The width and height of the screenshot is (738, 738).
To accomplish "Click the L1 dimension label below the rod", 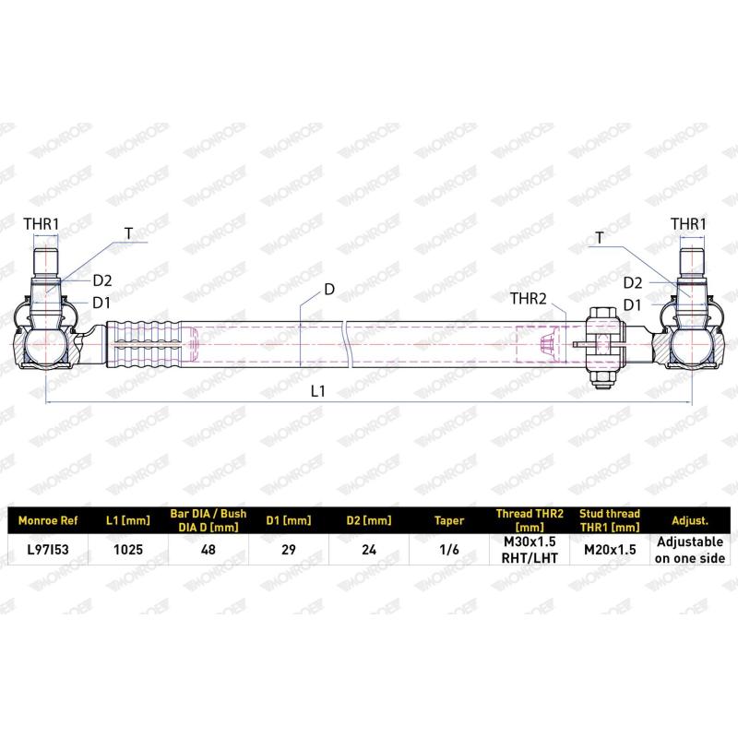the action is (318, 390).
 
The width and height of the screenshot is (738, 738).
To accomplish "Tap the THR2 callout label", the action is (529, 298).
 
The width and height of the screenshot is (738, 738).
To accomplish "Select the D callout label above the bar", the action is (329, 289).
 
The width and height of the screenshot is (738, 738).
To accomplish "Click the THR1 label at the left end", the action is (42, 224).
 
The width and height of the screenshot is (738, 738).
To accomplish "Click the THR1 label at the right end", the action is (688, 224).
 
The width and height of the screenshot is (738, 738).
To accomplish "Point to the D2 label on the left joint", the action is (102, 280).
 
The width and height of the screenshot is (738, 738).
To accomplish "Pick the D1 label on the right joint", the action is (632, 305).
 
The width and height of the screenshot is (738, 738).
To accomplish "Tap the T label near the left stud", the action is (128, 233).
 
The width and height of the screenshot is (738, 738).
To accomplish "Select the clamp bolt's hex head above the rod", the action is (603, 315).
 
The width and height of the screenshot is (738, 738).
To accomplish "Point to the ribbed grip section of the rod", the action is (144, 344).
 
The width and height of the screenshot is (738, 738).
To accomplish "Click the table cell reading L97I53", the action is (48, 549).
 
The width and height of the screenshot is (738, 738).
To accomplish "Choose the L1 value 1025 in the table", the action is (128, 549).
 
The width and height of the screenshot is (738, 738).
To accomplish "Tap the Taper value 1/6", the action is (449, 549).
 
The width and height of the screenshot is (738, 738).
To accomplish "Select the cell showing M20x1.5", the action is (610, 549).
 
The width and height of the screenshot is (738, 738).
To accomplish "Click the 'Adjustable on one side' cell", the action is (690, 550).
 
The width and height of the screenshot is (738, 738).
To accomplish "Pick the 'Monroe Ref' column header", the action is (48, 520).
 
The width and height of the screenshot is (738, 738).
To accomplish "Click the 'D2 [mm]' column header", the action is (369, 520).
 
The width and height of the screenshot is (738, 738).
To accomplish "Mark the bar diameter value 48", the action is (208, 549).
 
